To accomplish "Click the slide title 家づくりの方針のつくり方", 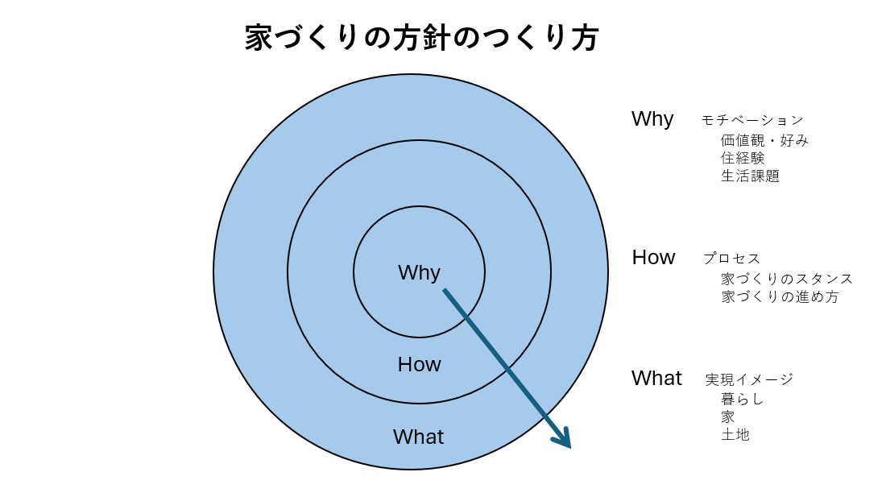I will point(421,38).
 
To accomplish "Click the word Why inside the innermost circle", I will point(419,272).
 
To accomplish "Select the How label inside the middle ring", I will point(419,364).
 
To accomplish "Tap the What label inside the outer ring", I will point(418,437).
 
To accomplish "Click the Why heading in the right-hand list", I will point(652,118).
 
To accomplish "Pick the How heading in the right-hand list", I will point(653,257).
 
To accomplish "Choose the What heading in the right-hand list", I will point(656,378).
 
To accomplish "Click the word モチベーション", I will point(751,121).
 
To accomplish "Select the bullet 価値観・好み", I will point(764,140).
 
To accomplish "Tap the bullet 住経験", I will point(743,158).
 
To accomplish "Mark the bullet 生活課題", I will point(750,176).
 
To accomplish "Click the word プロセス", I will point(731,259).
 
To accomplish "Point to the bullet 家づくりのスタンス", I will point(786,279).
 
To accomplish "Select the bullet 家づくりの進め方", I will point(779,296).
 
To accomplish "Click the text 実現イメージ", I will point(748,379).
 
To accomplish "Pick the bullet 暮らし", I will point(742,399).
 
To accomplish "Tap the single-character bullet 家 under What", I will point(728,416).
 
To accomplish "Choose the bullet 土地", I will point(735,434).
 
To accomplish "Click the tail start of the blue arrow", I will point(445,291).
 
